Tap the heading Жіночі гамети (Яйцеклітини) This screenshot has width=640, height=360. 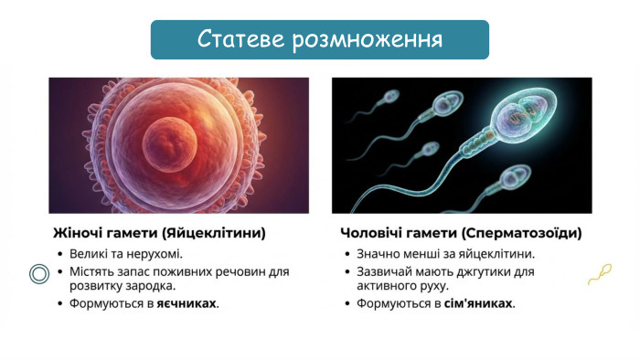[157, 233]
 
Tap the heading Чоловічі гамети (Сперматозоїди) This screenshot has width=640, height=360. [461, 233]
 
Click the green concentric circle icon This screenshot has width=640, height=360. [39, 273]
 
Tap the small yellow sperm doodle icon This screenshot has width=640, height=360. [599, 272]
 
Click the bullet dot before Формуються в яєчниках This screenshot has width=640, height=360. [59, 302]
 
